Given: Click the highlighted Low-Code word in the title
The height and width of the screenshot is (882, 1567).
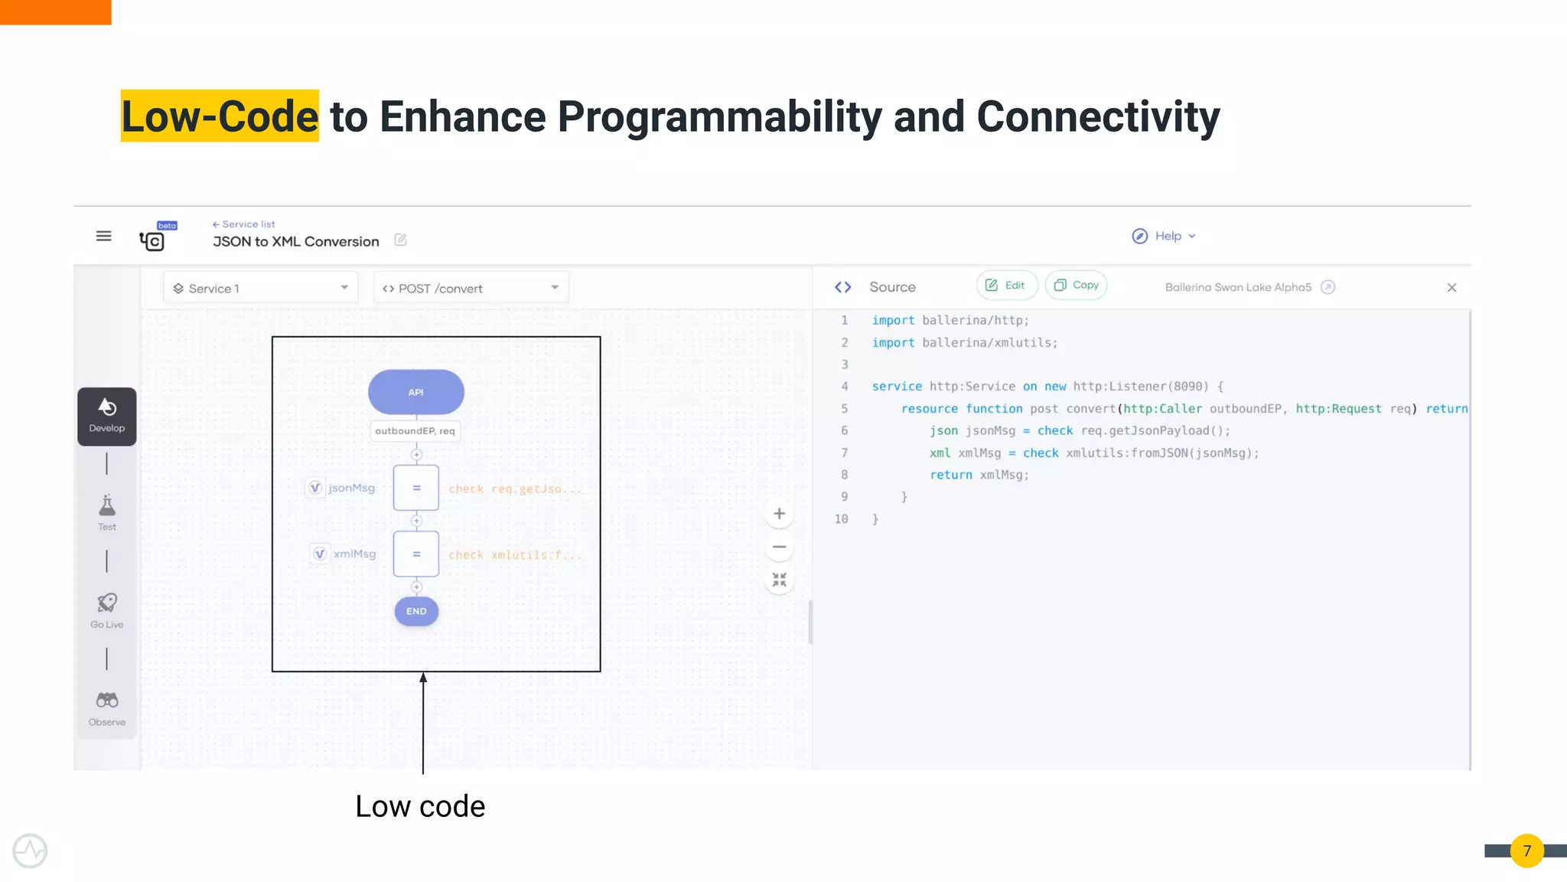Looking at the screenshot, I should (220, 116).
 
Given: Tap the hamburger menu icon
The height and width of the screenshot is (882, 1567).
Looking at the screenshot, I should (103, 236).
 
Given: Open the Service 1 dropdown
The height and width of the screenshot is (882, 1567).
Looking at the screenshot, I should (260, 288).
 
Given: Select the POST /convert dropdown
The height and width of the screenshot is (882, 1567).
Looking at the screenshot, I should (471, 288).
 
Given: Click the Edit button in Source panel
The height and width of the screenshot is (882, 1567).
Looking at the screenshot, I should (1005, 285).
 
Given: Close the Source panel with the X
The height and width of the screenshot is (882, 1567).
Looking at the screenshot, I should (1451, 288).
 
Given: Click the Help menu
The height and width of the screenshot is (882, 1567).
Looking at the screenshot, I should (1164, 236).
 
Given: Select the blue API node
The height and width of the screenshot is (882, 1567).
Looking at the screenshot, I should (415, 392).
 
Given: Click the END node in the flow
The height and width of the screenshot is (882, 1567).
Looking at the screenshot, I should (416, 611).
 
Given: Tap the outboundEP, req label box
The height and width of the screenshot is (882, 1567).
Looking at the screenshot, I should (415, 431).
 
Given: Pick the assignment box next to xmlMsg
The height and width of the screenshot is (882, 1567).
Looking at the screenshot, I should (416, 554).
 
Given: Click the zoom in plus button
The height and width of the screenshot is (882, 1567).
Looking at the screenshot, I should (779, 514).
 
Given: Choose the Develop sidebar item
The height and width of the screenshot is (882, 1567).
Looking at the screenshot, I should (107, 416).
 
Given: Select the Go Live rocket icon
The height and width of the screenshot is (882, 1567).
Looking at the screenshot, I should (107, 604).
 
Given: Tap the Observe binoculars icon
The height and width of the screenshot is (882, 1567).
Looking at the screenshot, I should (107, 701).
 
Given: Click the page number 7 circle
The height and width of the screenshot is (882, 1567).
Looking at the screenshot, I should (1526, 851).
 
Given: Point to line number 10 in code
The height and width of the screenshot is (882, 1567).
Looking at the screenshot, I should (841, 519).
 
